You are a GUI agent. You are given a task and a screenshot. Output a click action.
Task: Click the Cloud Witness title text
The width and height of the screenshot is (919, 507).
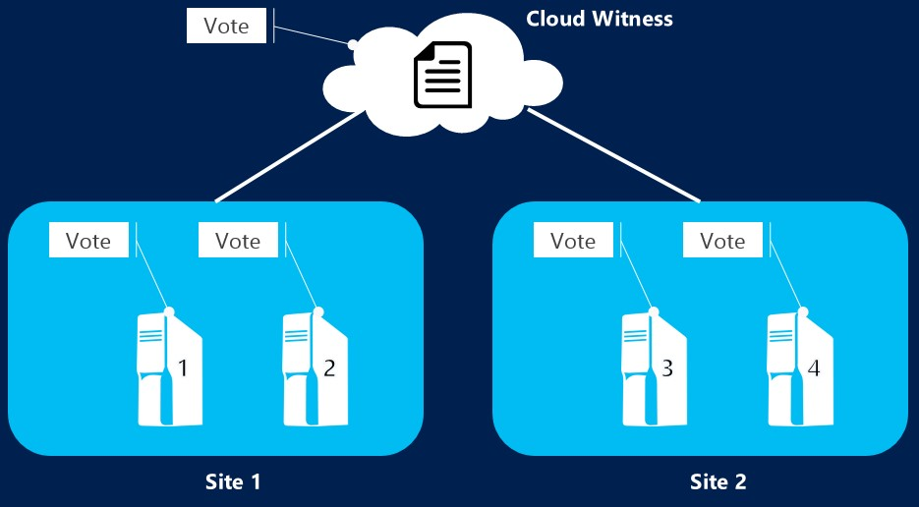click(x=600, y=19)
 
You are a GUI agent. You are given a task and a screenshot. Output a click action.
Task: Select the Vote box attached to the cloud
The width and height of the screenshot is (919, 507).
click(x=226, y=27)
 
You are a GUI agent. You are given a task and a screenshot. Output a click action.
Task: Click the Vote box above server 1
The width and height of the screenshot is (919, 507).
click(x=88, y=241)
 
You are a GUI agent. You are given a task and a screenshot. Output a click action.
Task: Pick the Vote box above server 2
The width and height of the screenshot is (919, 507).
click(x=238, y=241)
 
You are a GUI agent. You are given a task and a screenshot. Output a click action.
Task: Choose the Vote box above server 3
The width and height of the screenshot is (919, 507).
click(x=573, y=241)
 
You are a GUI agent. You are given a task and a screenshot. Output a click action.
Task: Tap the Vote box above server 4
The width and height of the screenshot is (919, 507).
click(x=722, y=241)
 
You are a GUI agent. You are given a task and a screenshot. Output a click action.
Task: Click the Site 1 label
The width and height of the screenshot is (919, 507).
click(x=233, y=481)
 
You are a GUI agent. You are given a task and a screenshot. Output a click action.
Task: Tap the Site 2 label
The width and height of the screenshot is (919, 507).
click(x=718, y=481)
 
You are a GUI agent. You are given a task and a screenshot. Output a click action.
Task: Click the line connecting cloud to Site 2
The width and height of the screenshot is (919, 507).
click(x=614, y=157)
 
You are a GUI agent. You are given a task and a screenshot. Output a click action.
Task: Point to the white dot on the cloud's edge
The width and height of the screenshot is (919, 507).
click(x=351, y=44)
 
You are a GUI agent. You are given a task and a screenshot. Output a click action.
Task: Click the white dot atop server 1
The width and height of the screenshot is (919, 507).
click(x=170, y=311)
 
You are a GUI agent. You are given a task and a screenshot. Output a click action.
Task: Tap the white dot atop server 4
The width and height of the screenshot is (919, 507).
click(x=803, y=311)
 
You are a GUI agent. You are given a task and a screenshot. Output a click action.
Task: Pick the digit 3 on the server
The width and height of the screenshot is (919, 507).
click(x=667, y=368)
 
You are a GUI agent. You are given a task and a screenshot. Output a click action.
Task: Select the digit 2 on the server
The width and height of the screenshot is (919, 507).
click(x=329, y=368)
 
